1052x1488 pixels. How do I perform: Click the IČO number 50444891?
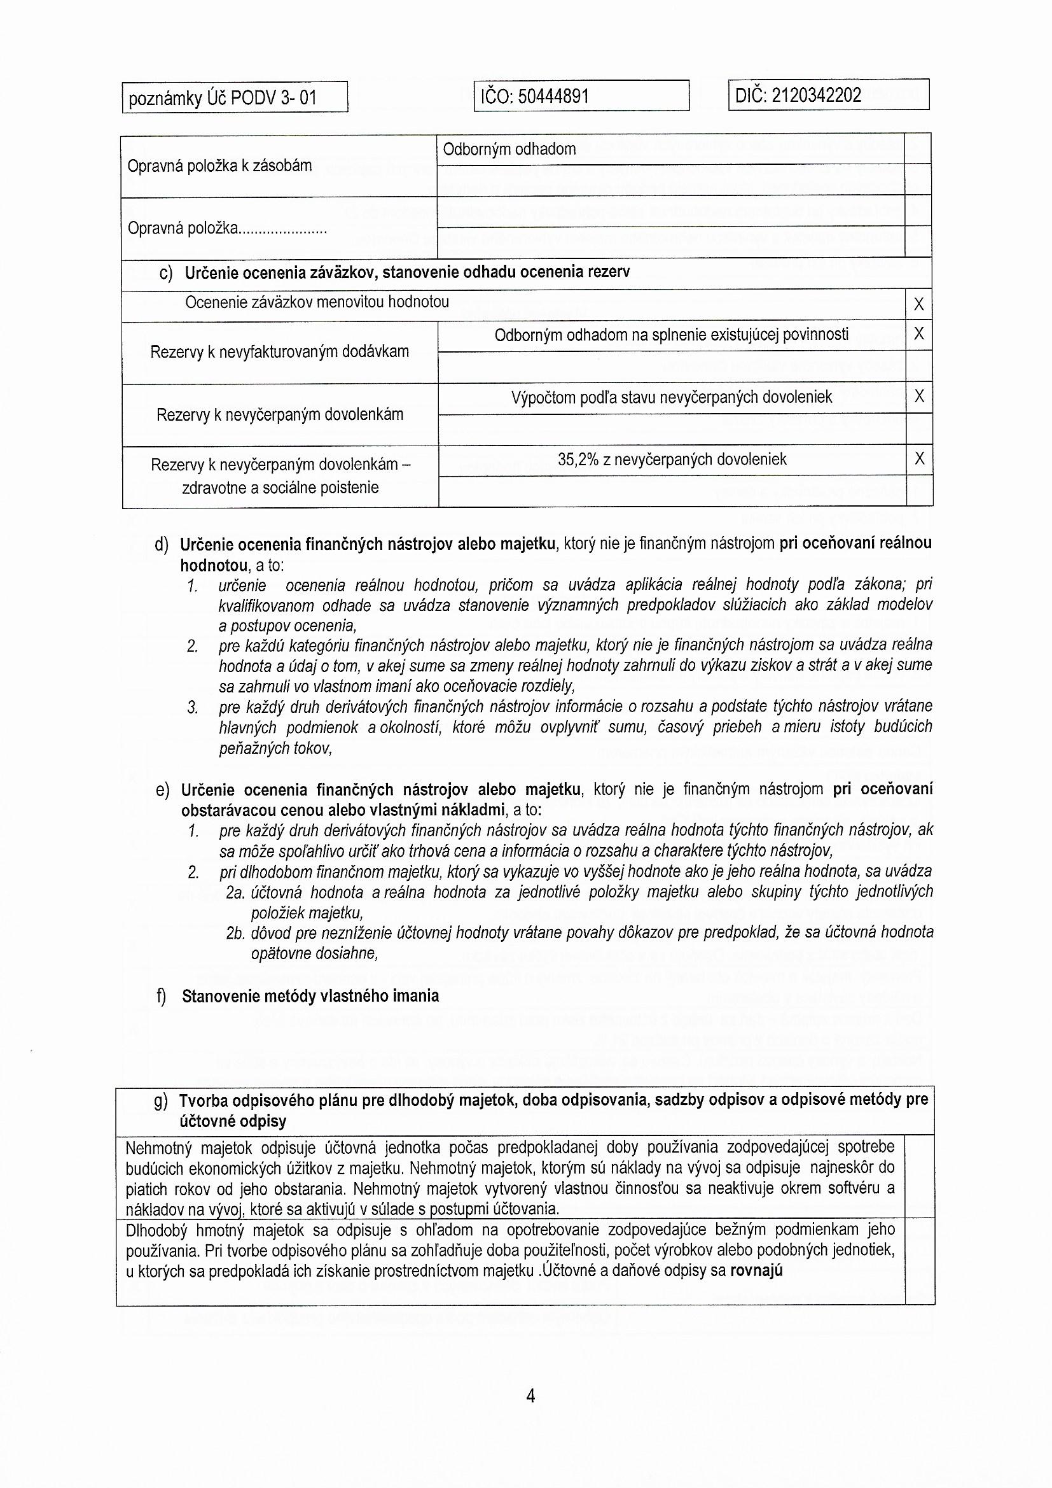[554, 97]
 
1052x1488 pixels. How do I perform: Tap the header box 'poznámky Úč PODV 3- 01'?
[223, 99]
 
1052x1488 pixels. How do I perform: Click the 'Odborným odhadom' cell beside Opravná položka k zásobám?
[509, 150]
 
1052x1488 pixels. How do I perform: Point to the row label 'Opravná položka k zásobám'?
[219, 167]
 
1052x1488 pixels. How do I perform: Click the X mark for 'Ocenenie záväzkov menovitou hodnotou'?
[918, 305]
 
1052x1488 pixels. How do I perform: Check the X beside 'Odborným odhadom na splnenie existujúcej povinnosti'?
[918, 334]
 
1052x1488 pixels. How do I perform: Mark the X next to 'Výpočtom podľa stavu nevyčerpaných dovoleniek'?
[918, 397]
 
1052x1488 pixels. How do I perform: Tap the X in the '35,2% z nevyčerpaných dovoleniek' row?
[918, 459]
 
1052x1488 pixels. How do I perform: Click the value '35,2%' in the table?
[578, 460]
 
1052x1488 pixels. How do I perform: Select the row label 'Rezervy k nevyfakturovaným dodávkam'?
[279, 353]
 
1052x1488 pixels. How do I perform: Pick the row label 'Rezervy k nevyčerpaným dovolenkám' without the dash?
[279, 415]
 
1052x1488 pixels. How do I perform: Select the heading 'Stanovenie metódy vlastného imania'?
[310, 996]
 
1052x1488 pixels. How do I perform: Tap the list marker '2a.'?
[235, 893]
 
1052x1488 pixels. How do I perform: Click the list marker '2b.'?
[235, 933]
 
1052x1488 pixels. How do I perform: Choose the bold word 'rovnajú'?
[756, 1270]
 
